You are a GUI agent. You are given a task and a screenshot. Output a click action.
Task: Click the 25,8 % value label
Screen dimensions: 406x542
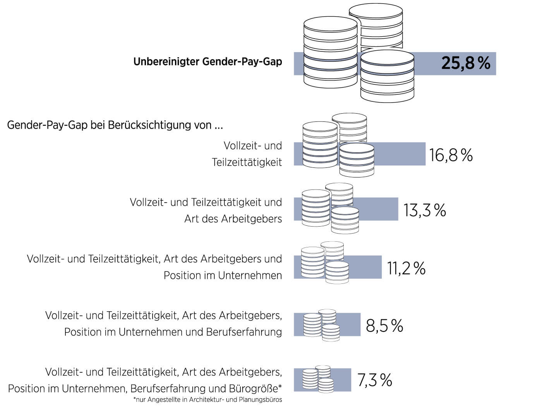[x=465, y=63]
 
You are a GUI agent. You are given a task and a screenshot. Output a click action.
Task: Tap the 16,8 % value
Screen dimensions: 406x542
[x=451, y=155]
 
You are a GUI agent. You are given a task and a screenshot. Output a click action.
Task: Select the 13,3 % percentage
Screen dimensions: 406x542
[x=425, y=210]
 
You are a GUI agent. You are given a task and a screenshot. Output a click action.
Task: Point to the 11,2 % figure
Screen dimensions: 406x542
[x=406, y=268]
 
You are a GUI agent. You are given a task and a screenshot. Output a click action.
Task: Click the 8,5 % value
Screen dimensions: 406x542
[x=384, y=326]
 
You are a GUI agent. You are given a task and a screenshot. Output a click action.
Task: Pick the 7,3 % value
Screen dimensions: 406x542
[x=374, y=380]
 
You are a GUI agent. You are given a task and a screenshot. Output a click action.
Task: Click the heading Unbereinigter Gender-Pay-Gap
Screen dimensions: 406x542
[x=208, y=61]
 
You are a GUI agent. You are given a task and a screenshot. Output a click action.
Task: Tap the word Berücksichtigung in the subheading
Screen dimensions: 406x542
[x=148, y=125]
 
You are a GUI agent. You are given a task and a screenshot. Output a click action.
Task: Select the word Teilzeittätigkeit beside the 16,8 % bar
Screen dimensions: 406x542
[x=247, y=162]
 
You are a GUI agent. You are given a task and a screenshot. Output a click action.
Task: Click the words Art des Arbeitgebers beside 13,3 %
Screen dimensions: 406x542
[x=233, y=219]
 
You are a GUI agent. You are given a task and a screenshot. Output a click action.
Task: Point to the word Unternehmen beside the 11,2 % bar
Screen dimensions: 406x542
[x=250, y=275]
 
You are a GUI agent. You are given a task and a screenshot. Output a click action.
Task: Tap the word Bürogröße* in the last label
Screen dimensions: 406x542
[x=256, y=388]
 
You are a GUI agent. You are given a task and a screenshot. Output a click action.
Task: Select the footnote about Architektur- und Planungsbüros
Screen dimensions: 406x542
[x=208, y=399]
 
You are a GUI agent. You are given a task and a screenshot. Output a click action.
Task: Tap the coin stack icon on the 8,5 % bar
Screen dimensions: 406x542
[x=322, y=325]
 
